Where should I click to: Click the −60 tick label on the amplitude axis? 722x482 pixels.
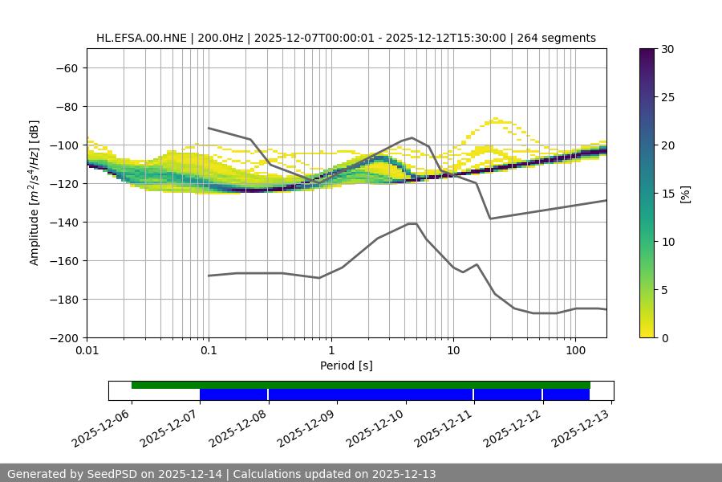click(65, 67)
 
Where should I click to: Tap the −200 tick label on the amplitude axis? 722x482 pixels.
click(62, 337)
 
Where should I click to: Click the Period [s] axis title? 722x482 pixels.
click(346, 366)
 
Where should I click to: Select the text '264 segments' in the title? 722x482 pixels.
click(556, 38)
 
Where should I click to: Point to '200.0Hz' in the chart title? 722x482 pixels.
click(216, 38)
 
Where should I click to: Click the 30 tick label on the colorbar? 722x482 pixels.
click(667, 49)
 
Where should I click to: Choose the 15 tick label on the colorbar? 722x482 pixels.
click(667, 194)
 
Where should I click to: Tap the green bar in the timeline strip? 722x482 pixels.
click(361, 385)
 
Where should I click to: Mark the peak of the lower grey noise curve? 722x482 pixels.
click(412, 223)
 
